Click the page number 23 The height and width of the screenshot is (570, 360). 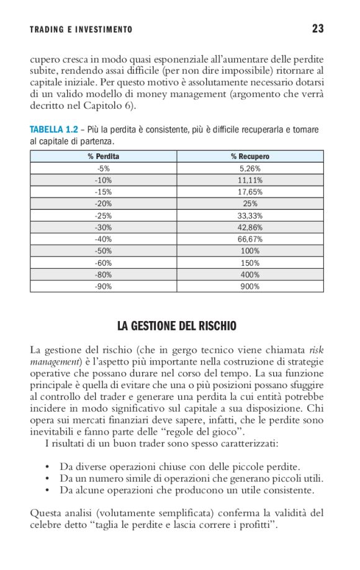point(318,29)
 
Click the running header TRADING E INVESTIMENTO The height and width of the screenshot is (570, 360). point(81,30)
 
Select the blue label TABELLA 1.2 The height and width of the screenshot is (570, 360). point(54,130)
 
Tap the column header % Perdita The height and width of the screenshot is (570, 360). point(104,156)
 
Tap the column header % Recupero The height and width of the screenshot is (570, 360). point(250,156)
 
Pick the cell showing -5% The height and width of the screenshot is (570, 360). point(104,168)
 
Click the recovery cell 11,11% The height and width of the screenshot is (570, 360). point(250,180)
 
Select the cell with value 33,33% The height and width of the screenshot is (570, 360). point(250,215)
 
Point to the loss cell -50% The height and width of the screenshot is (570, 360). point(104,251)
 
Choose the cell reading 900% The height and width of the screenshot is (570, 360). point(250,286)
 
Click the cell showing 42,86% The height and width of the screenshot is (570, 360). point(250,227)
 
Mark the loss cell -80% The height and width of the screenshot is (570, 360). point(104,274)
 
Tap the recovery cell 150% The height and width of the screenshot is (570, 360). point(250,263)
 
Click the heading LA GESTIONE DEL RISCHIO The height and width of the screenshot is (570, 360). point(177,326)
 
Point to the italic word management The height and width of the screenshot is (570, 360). point(55,361)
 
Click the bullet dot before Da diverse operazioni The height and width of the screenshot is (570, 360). point(48,466)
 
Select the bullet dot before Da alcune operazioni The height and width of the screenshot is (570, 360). point(48,490)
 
